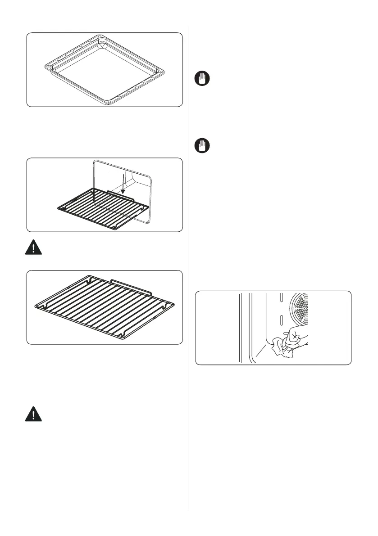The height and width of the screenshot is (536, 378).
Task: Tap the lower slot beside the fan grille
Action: coord(281,320)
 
